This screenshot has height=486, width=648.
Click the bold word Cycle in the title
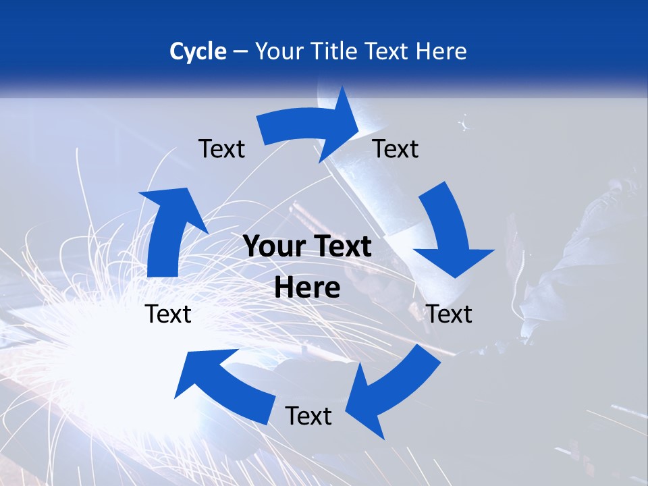198,51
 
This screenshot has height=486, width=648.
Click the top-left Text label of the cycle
221,148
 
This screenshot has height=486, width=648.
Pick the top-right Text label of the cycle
396,148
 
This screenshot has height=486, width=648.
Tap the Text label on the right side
449,314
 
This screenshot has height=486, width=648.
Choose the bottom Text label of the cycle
308,416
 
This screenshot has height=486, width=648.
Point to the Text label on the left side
168,314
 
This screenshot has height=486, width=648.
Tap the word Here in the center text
307,288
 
